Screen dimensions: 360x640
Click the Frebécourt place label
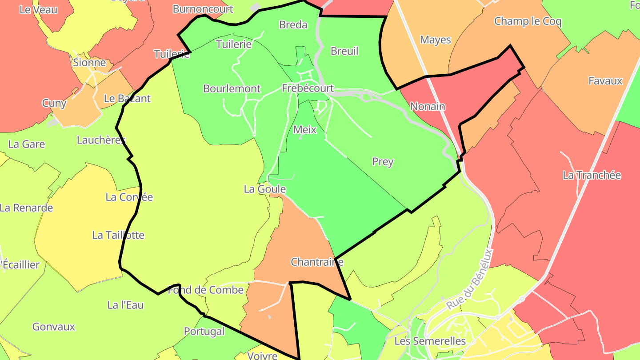click(308, 88)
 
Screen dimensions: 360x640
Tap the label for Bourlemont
click(232, 88)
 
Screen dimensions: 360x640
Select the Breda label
click(293, 24)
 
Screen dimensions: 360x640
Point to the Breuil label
click(344, 51)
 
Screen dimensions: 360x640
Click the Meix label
click(305, 130)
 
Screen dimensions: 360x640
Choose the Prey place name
click(383, 162)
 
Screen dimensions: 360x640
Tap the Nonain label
click(428, 107)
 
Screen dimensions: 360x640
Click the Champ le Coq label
click(528, 21)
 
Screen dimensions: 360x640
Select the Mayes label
click(435, 40)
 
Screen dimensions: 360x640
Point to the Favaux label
click(605, 81)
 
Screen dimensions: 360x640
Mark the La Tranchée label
click(592, 175)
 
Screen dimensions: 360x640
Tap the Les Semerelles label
click(430, 341)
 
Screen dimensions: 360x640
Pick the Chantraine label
click(317, 262)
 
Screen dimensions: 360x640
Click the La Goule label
click(264, 189)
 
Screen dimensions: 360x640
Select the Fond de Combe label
click(206, 290)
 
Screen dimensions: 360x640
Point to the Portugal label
click(204, 332)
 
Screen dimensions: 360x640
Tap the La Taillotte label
click(118, 235)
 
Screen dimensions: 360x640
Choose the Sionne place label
click(89, 63)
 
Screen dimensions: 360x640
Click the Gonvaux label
click(54, 327)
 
